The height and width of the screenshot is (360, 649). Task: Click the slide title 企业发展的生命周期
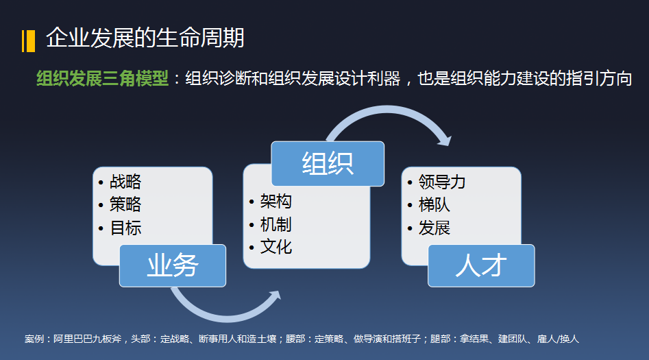[145, 38]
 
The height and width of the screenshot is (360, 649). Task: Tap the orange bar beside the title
[28, 40]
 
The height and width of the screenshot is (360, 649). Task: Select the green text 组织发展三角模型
[102, 79]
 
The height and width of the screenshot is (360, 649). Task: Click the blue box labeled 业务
[173, 265]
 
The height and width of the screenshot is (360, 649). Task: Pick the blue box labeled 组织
[327, 163]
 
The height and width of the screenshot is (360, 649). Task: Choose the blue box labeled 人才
[481, 265]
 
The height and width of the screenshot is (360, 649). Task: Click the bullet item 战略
[125, 182]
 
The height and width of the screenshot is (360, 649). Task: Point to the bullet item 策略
[125, 204]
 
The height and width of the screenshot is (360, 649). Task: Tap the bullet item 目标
[125, 228]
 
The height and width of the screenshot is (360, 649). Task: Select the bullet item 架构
[275, 201]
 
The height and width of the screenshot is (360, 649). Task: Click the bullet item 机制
[275, 224]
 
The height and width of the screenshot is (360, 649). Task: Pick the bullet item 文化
[275, 246]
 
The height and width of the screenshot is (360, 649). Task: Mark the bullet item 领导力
[442, 182]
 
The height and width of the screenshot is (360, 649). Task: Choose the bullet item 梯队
[434, 204]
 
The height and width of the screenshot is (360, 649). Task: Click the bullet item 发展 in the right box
[434, 228]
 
